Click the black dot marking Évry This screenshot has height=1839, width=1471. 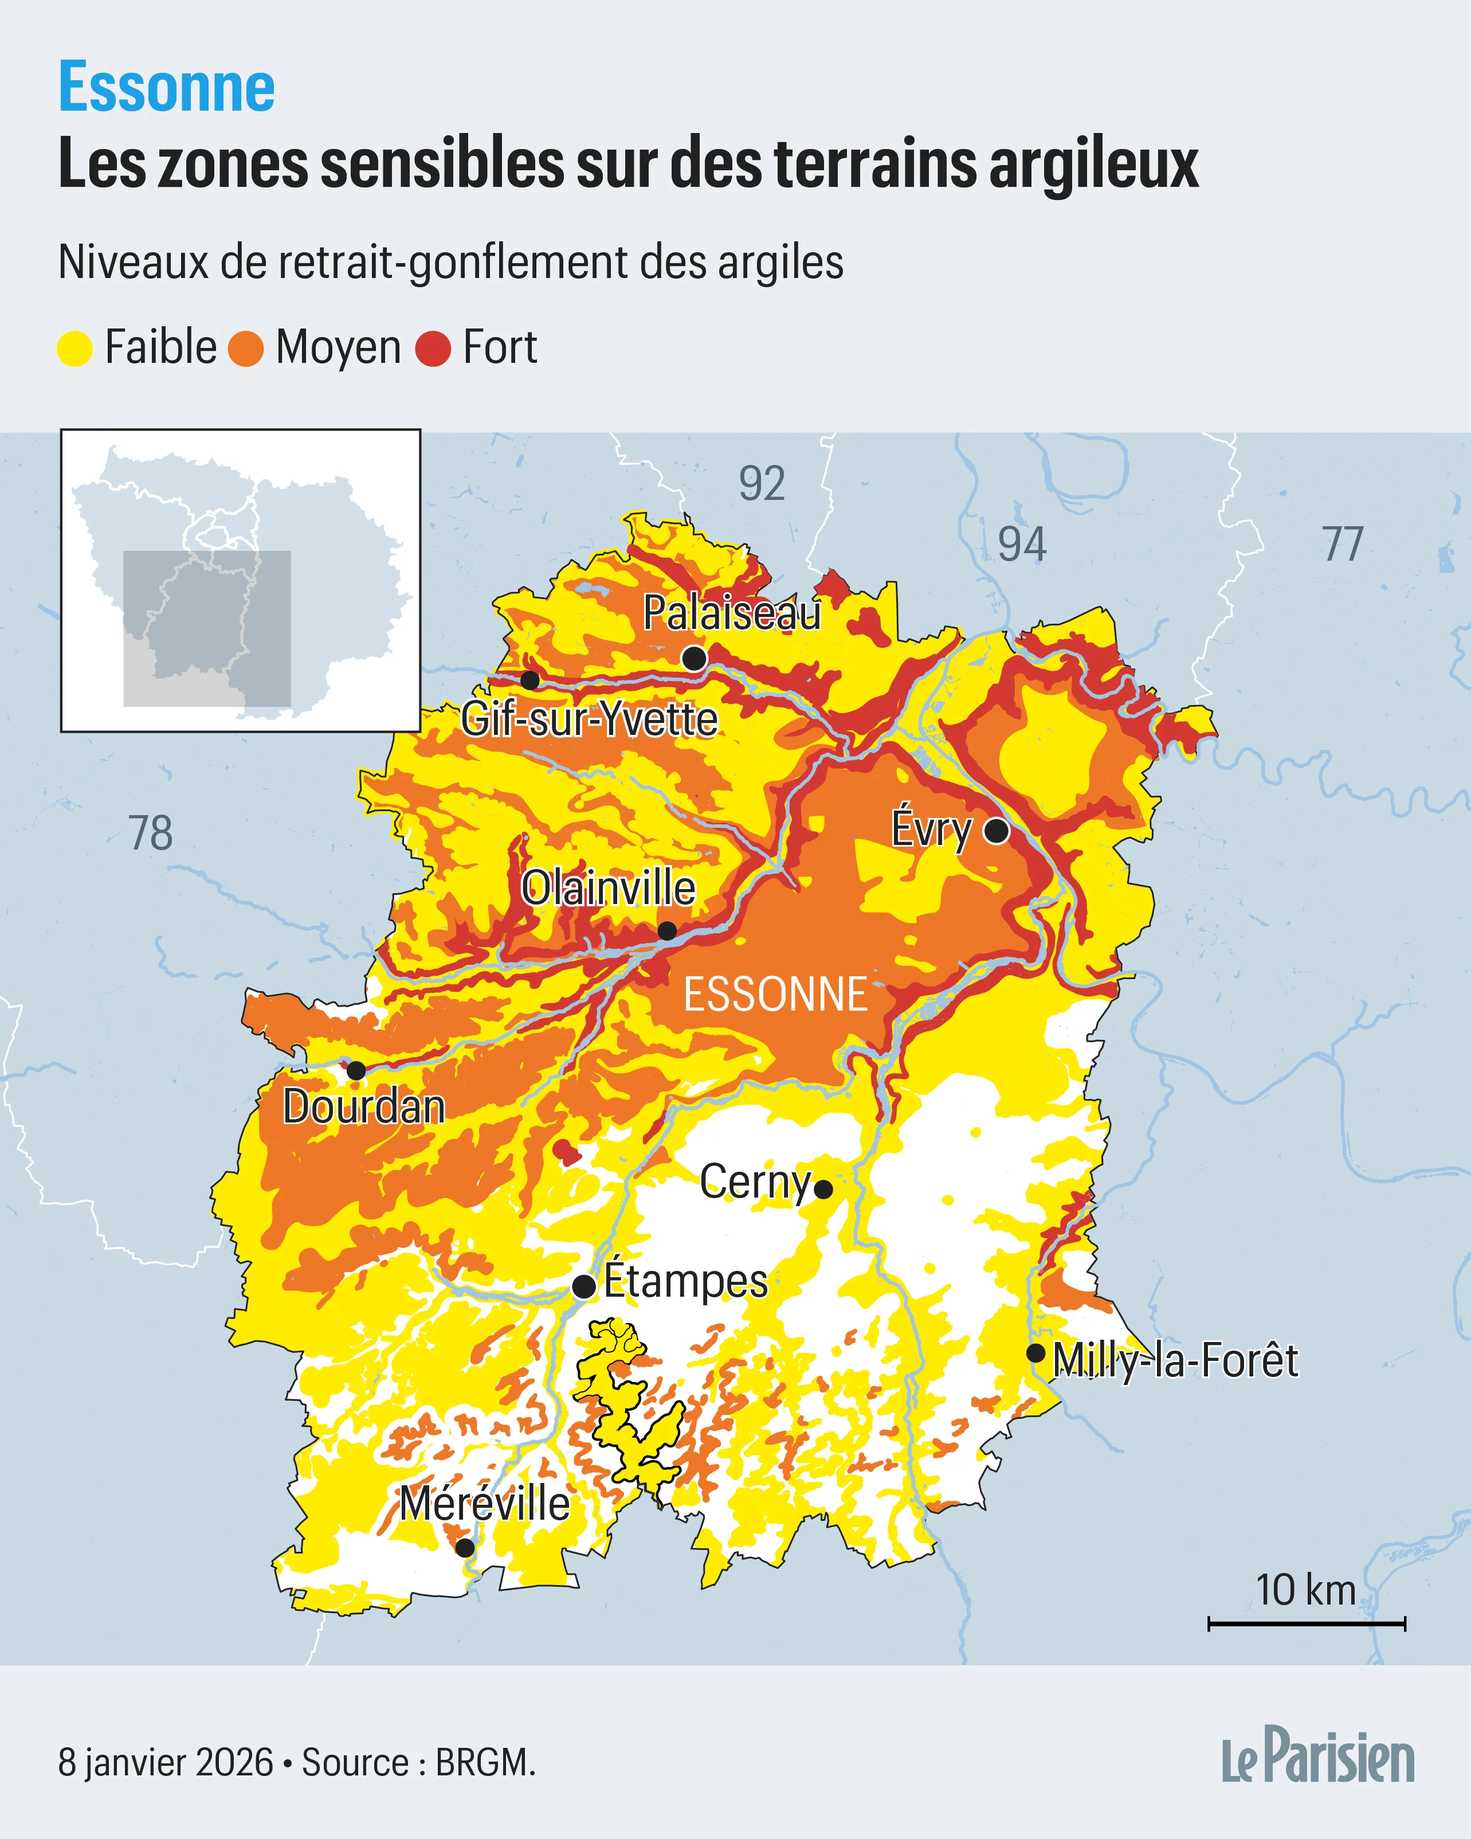[996, 830]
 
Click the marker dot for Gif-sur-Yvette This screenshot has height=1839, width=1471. [529, 680]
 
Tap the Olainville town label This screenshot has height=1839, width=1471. [608, 889]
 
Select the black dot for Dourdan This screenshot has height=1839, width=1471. [356, 1070]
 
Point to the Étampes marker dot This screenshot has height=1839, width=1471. [583, 1286]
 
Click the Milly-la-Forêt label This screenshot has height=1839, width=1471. [1175, 1360]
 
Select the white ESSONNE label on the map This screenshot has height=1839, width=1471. [775, 995]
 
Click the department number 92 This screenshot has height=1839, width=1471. [762, 484]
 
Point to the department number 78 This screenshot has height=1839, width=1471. [150, 834]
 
